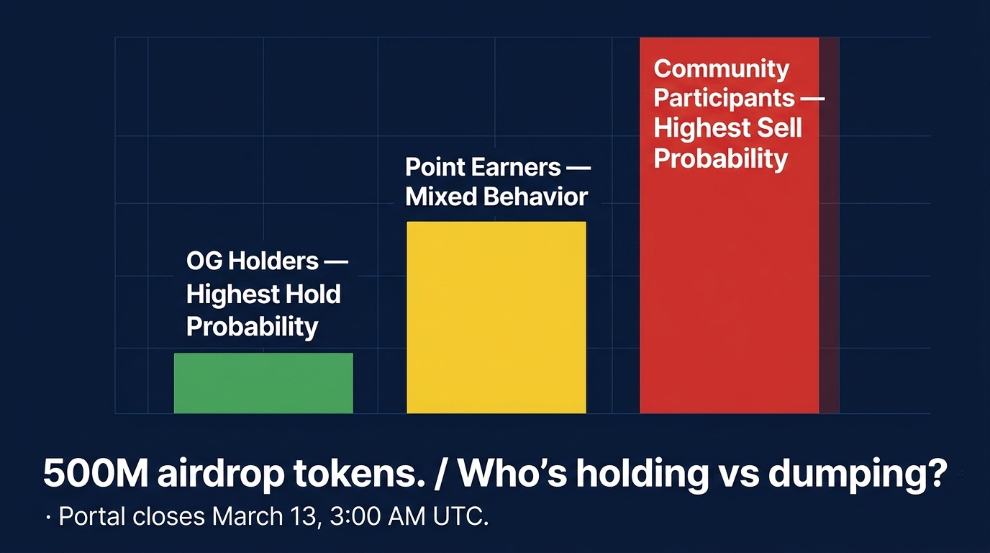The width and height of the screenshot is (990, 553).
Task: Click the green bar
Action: (263, 383)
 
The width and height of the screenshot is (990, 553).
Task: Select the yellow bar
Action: (496, 318)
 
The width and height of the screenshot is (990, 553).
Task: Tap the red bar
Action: (730, 225)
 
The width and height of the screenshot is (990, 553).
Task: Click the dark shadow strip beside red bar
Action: (829, 225)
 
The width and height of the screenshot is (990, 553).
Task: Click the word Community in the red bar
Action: (722, 69)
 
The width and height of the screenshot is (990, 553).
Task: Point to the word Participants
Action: (725, 98)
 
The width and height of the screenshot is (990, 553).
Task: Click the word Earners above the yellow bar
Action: (516, 167)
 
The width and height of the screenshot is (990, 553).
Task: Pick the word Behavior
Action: (536, 197)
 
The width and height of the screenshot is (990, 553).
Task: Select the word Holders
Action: (273, 261)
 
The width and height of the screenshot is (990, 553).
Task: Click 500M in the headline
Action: (96, 473)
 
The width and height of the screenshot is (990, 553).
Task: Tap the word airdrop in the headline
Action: (221, 475)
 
